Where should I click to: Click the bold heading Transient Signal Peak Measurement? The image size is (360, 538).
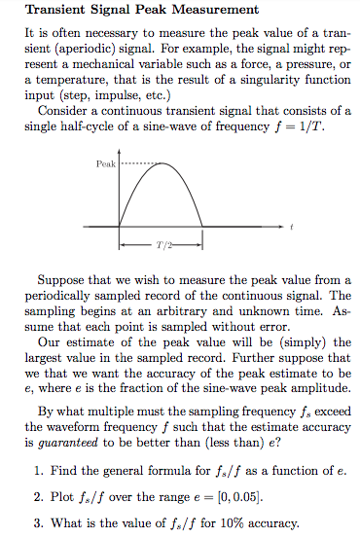141,11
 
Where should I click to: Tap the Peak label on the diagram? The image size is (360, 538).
106,164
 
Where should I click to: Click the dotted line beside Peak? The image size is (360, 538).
136,164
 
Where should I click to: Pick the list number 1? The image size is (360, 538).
36,470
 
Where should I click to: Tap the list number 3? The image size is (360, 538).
36,524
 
